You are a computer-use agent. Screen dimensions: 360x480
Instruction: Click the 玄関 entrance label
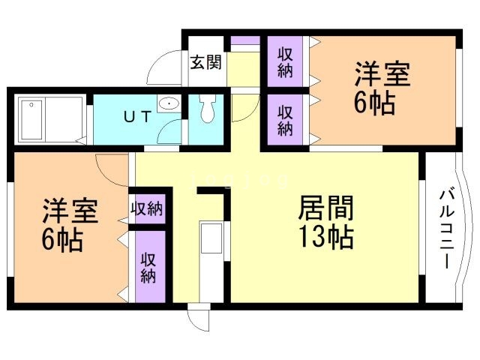tap(205, 62)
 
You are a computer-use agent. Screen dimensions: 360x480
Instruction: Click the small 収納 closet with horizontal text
tap(147, 208)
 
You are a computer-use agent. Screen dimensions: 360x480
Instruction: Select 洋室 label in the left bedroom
tap(69, 211)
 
